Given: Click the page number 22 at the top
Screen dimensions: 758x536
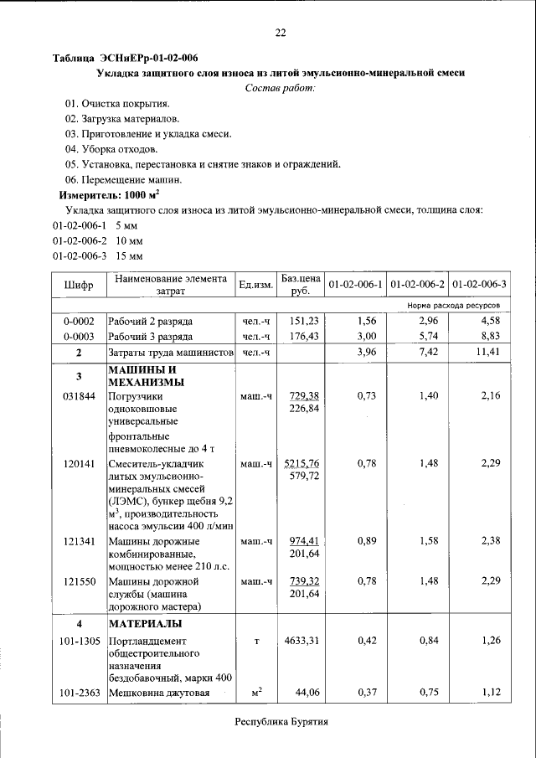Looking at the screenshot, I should coord(281,33).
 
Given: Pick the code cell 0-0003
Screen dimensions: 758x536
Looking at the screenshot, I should coord(79,336).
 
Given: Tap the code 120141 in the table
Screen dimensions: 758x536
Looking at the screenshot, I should coord(79,462).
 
